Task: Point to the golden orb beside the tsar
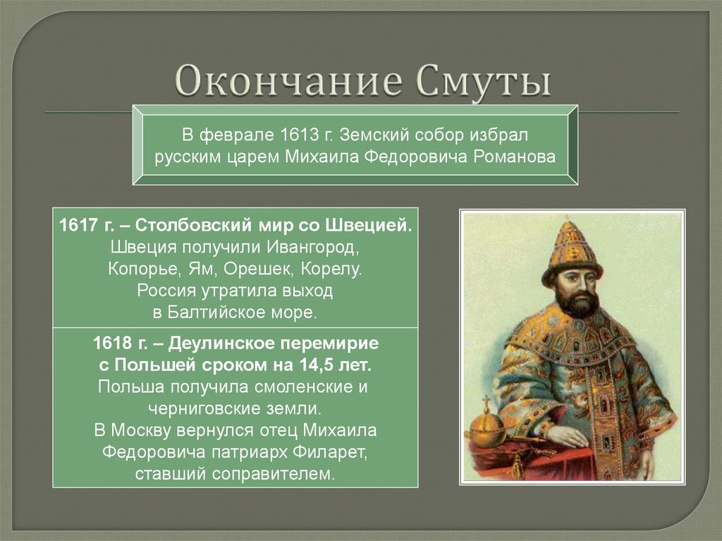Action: (x=485, y=423)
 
